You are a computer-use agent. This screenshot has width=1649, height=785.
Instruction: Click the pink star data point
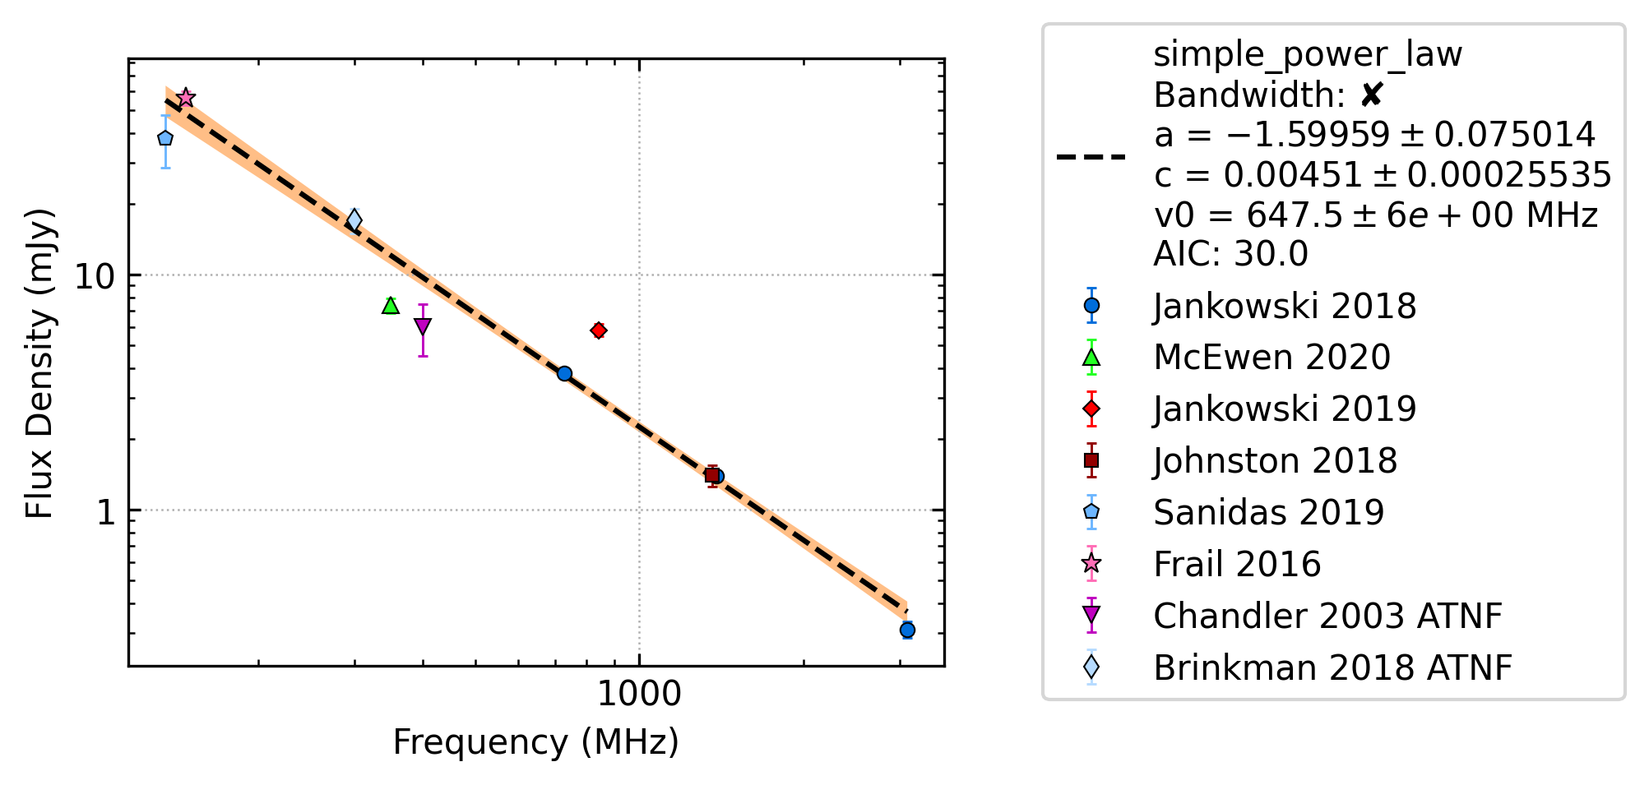click(186, 97)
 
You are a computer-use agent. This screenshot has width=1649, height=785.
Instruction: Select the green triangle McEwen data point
click(391, 306)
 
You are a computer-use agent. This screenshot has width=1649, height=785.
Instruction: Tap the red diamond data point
click(599, 330)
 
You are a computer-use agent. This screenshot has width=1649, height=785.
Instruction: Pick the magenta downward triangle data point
click(423, 326)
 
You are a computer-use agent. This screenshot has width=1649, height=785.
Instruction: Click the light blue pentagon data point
click(165, 138)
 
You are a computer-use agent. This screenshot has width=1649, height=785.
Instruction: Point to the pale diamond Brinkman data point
click(354, 220)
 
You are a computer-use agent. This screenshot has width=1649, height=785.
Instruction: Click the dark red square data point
click(712, 475)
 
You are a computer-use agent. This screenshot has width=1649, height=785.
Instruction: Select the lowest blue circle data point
click(907, 630)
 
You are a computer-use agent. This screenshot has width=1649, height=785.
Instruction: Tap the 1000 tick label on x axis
click(639, 695)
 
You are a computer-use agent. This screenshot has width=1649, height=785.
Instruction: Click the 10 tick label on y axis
click(95, 276)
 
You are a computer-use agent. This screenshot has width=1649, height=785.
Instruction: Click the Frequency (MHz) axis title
click(536, 742)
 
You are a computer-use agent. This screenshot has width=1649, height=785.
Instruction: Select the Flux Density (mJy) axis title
click(39, 363)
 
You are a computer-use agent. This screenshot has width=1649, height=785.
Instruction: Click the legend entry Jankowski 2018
click(1285, 307)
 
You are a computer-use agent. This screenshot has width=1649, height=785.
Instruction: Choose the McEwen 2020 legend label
click(1271, 358)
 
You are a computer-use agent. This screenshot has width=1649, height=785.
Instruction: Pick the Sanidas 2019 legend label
click(1269, 513)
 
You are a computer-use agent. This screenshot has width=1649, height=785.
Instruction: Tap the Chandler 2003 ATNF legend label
click(1327, 616)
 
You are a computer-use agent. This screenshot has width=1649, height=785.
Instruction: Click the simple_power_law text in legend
click(1308, 55)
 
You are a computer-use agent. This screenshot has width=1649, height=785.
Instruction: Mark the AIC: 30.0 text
click(1230, 254)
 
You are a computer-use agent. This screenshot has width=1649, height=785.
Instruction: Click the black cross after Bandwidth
click(1371, 95)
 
